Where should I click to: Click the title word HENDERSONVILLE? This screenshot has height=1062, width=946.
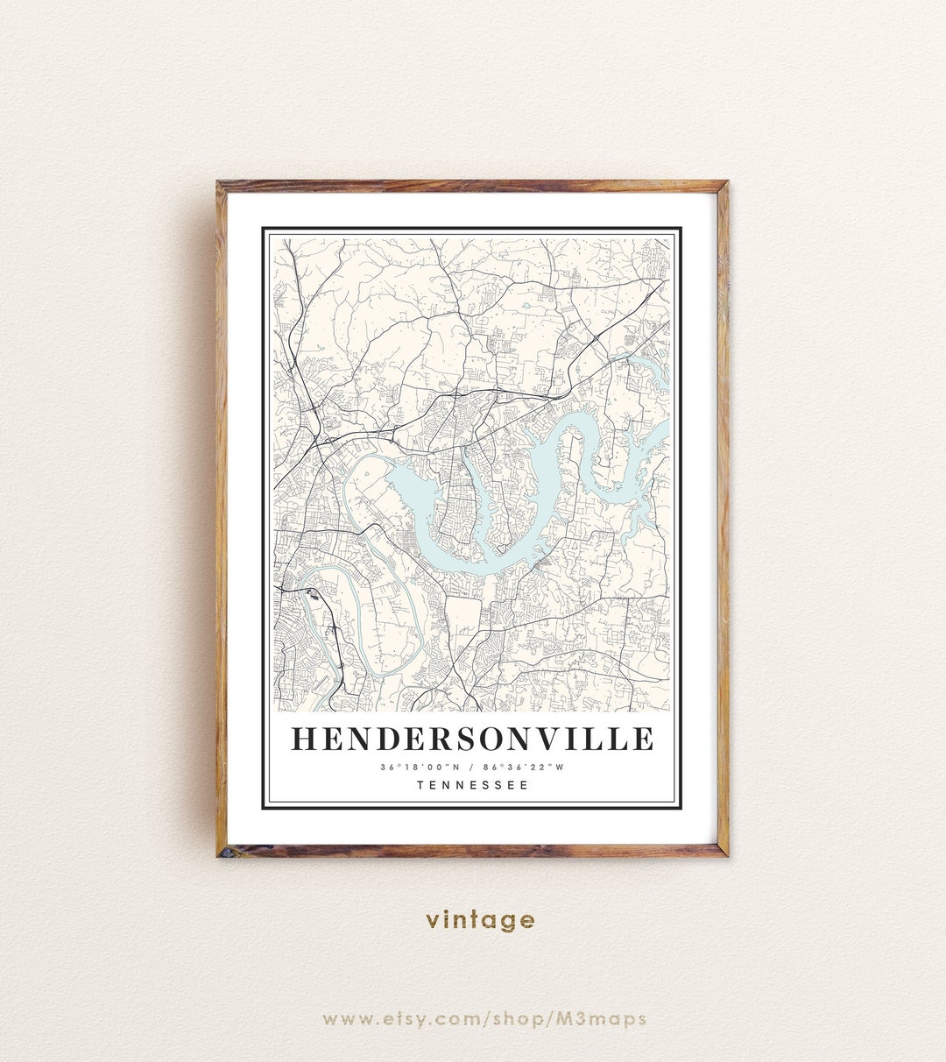472,739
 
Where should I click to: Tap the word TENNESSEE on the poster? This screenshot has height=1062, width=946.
473,785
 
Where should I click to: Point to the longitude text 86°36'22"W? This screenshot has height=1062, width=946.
529,768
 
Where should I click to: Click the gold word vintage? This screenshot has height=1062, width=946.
480,920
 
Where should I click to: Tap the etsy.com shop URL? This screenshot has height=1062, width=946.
484,1019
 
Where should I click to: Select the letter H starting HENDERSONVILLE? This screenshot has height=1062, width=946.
303,739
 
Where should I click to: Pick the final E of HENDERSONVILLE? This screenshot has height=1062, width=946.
642,739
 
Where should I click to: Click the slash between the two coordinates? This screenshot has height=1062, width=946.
473,768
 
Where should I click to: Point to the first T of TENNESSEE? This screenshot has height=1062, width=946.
421,785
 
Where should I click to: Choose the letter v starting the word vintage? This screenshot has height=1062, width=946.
432,920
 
